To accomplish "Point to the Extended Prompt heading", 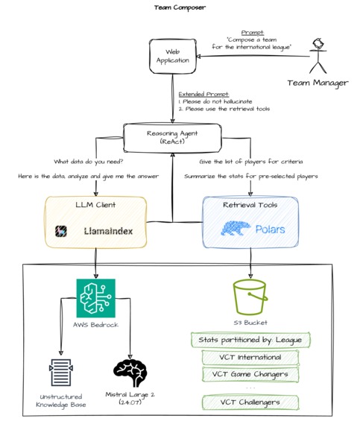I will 203,94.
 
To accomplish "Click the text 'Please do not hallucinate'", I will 223,102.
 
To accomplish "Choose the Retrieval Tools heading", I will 250,205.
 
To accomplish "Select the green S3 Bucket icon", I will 250,296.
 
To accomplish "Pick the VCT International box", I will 250,356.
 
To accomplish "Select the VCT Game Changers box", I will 250,373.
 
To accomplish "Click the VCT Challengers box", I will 250,403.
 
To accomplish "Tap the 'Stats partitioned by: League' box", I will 250,340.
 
